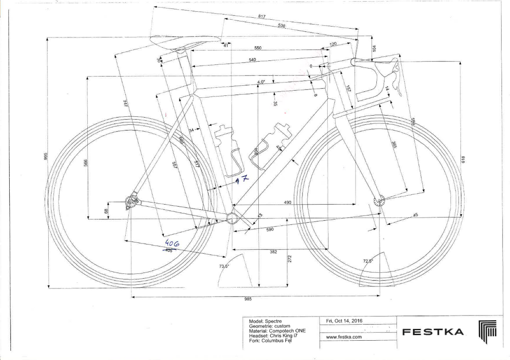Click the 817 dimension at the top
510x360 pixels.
pos(265,17)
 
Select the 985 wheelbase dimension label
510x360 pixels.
pos(248,299)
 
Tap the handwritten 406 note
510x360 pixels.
pos(172,243)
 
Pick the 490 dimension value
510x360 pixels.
pos(287,202)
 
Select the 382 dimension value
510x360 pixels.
pos(273,252)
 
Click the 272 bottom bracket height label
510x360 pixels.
pos(289,259)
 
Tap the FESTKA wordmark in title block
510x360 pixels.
pos(433,332)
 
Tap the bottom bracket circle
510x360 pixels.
pos(232,217)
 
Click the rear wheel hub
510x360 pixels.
pos(131,203)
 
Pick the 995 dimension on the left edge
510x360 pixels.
pos(46,156)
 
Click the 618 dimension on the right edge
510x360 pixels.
pos(463,160)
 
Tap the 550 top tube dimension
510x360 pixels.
pos(258,48)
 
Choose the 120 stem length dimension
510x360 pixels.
pos(333,44)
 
